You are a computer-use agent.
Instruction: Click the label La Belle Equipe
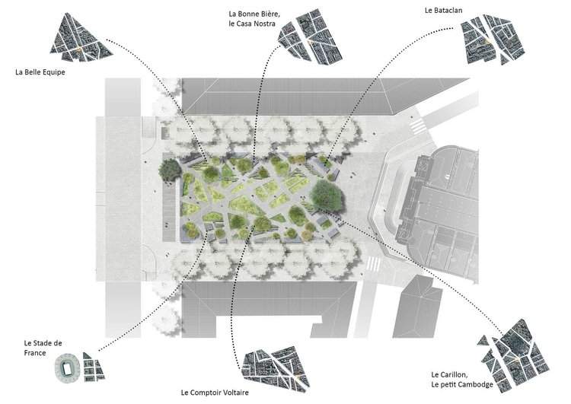[40, 72]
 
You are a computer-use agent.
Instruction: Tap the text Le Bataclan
[444, 10]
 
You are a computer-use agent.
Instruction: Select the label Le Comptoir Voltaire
[215, 393]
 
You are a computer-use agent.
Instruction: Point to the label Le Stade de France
[43, 348]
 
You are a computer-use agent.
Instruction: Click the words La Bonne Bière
[254, 14]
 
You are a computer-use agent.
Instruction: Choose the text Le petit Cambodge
[462, 384]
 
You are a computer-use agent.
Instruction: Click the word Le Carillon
[449, 374]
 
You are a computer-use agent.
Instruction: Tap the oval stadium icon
[67, 368]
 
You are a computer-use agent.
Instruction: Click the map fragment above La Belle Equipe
[81, 37]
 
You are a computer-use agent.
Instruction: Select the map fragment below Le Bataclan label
[493, 40]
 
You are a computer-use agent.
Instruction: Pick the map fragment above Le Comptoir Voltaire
[276, 371]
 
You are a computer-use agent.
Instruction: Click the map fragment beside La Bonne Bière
[310, 37]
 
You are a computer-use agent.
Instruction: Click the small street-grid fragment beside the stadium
[93, 367]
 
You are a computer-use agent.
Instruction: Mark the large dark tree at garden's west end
[170, 170]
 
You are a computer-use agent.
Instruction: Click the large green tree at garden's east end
[327, 196]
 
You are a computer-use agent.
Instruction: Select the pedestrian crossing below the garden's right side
[372, 263]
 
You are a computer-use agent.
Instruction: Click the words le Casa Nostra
[252, 24]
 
